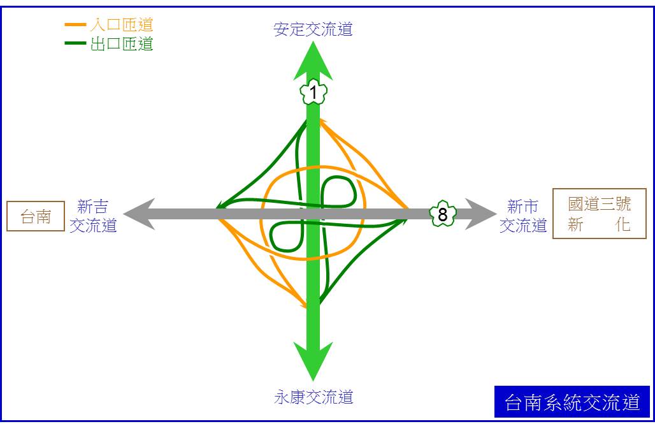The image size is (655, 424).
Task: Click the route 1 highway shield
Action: (313, 92)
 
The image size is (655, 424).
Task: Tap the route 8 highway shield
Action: (443, 214)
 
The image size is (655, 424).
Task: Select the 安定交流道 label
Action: (313, 29)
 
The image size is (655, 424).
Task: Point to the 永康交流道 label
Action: (313, 397)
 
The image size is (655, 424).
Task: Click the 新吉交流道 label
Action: (93, 216)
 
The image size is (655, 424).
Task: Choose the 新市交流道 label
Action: (523, 216)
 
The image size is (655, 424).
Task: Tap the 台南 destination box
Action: (36, 216)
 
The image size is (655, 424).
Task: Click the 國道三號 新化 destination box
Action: (600, 214)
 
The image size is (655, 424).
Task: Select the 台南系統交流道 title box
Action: (572, 402)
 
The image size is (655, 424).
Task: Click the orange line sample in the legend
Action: (76, 25)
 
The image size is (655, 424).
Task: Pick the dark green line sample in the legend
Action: (76, 43)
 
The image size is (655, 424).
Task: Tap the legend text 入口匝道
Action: (122, 25)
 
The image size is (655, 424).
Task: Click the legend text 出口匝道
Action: (122, 43)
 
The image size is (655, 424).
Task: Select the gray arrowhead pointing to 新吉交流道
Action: (139, 214)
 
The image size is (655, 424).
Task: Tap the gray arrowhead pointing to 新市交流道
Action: (481, 214)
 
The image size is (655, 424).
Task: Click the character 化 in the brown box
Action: (623, 224)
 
